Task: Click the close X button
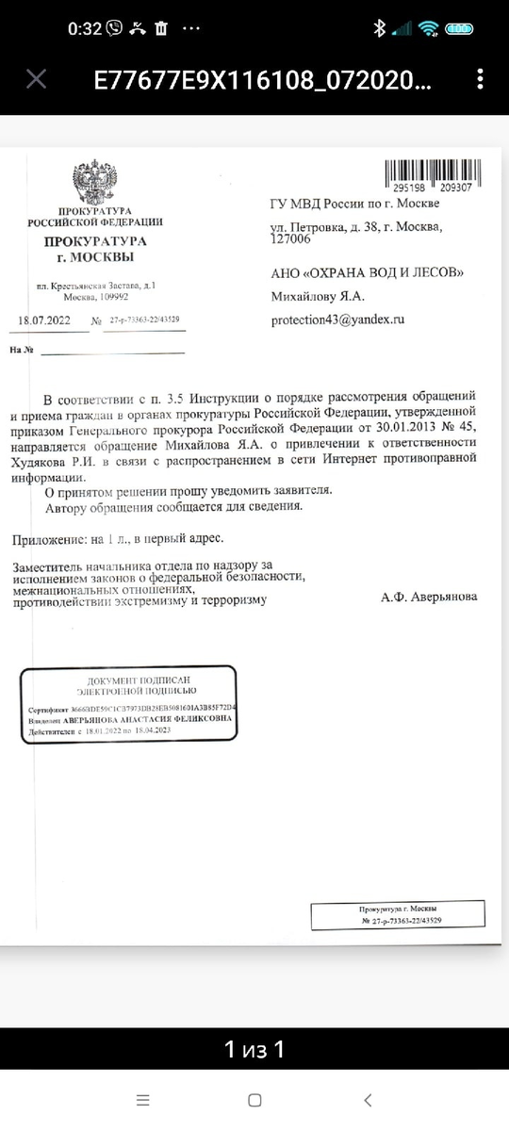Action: pyautogui.click(x=36, y=79)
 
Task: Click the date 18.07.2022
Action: pyautogui.click(x=44, y=320)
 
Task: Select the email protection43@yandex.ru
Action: pyautogui.click(x=337, y=320)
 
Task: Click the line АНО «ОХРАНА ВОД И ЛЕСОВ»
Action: pyautogui.click(x=368, y=273)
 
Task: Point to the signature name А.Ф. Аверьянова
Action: pyautogui.click(x=429, y=598)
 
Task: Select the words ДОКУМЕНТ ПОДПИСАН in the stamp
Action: pyautogui.click(x=129, y=680)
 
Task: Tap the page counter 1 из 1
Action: pyautogui.click(x=254, y=1049)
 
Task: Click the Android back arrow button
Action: pyautogui.click(x=368, y=1100)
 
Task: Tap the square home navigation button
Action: pyautogui.click(x=254, y=1100)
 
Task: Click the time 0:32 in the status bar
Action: pyautogui.click(x=84, y=28)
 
